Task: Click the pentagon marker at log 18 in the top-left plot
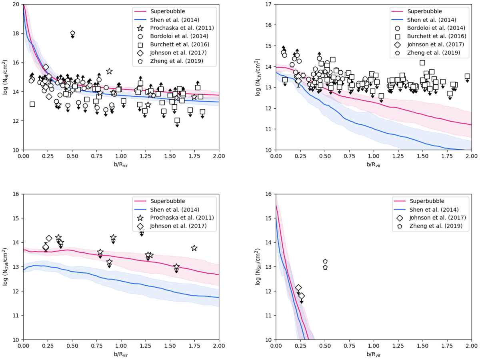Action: point(72,33)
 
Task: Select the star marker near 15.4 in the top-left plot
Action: point(109,71)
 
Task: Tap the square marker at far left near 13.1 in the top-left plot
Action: point(32,104)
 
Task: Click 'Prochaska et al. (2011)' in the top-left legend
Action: point(178,28)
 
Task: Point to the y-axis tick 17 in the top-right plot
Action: point(269,4)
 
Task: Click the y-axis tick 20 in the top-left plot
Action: point(17,4)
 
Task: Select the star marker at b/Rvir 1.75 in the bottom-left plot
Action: point(194,248)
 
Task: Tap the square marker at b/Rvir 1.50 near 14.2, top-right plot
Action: point(422,63)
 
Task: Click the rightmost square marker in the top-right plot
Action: point(467,76)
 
